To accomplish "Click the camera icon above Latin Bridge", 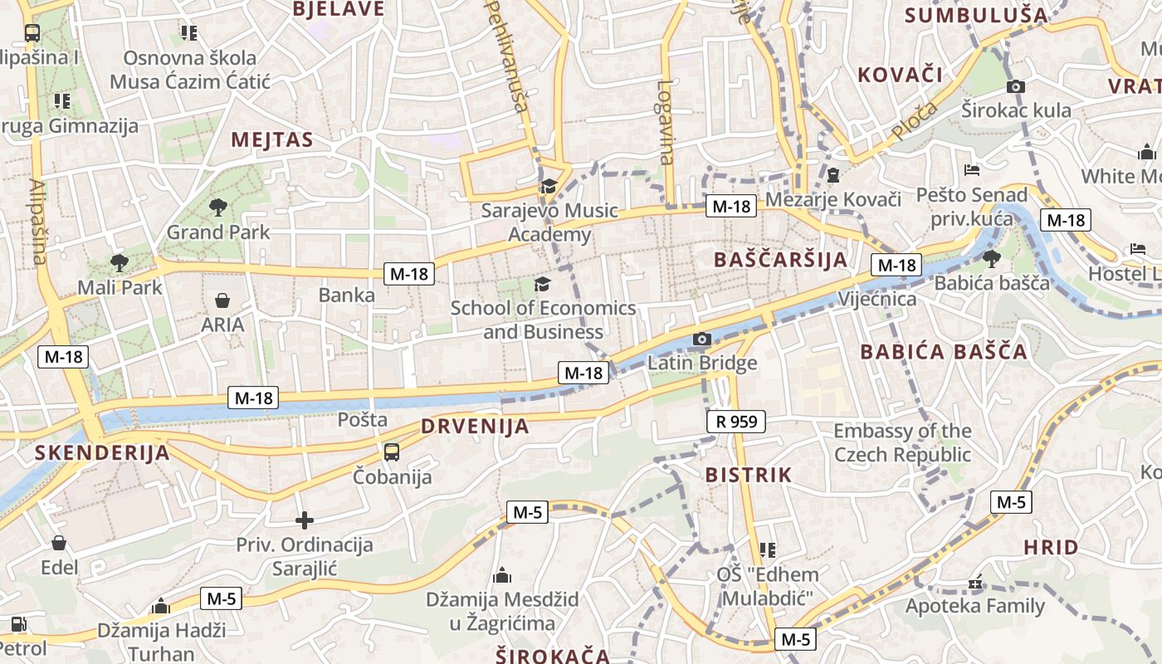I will tap(702, 339).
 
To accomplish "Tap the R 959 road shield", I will tap(736, 422).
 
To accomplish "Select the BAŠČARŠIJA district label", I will tap(781, 260).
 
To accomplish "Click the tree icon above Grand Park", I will tap(218, 206).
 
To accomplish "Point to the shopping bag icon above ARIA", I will tap(222, 300).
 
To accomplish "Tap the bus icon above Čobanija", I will tap(392, 452).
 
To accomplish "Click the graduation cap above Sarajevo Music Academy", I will tap(548, 186).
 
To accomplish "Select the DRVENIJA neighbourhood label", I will tap(475, 427).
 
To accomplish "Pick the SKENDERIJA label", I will tap(103, 453).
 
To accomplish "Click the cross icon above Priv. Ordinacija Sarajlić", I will tap(305, 520).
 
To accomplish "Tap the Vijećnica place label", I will tap(877, 299).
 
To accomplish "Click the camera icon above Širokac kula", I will tap(1015, 86).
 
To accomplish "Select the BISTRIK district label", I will tap(749, 476).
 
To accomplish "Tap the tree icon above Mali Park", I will tap(120, 263).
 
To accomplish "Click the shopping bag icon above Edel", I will tap(59, 544).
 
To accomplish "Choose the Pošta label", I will tap(363, 420).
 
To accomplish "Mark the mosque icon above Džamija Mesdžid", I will tap(502, 575).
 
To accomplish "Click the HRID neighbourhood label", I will tap(1051, 548).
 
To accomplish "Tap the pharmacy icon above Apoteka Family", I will tap(975, 583).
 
